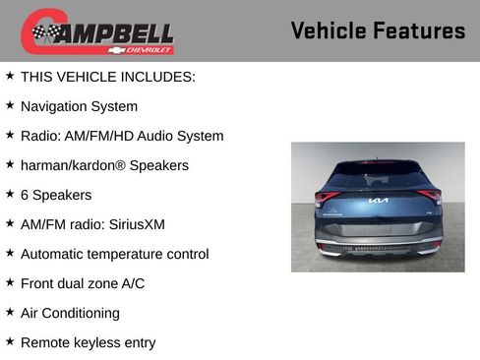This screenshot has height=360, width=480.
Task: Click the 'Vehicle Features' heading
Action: [378, 30]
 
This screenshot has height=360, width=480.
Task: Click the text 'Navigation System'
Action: [79, 106]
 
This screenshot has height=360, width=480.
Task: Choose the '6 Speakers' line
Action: [56, 195]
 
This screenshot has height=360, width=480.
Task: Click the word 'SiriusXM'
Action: [138, 224]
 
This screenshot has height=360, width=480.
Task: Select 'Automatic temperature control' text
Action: [114, 254]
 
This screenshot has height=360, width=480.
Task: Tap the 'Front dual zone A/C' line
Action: [84, 283]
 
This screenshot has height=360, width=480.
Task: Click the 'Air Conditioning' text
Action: [70, 313]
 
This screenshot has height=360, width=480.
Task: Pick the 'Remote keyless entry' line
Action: [88, 342]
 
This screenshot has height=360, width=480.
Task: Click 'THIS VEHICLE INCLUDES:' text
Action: [107, 77]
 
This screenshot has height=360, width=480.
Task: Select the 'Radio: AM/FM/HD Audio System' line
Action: [122, 136]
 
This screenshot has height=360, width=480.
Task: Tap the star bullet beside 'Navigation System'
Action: [10, 105]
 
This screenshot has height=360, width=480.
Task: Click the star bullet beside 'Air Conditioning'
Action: [10, 312]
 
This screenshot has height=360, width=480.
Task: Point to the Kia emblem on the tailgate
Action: [378, 202]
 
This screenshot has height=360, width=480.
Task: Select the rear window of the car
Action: [378, 177]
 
